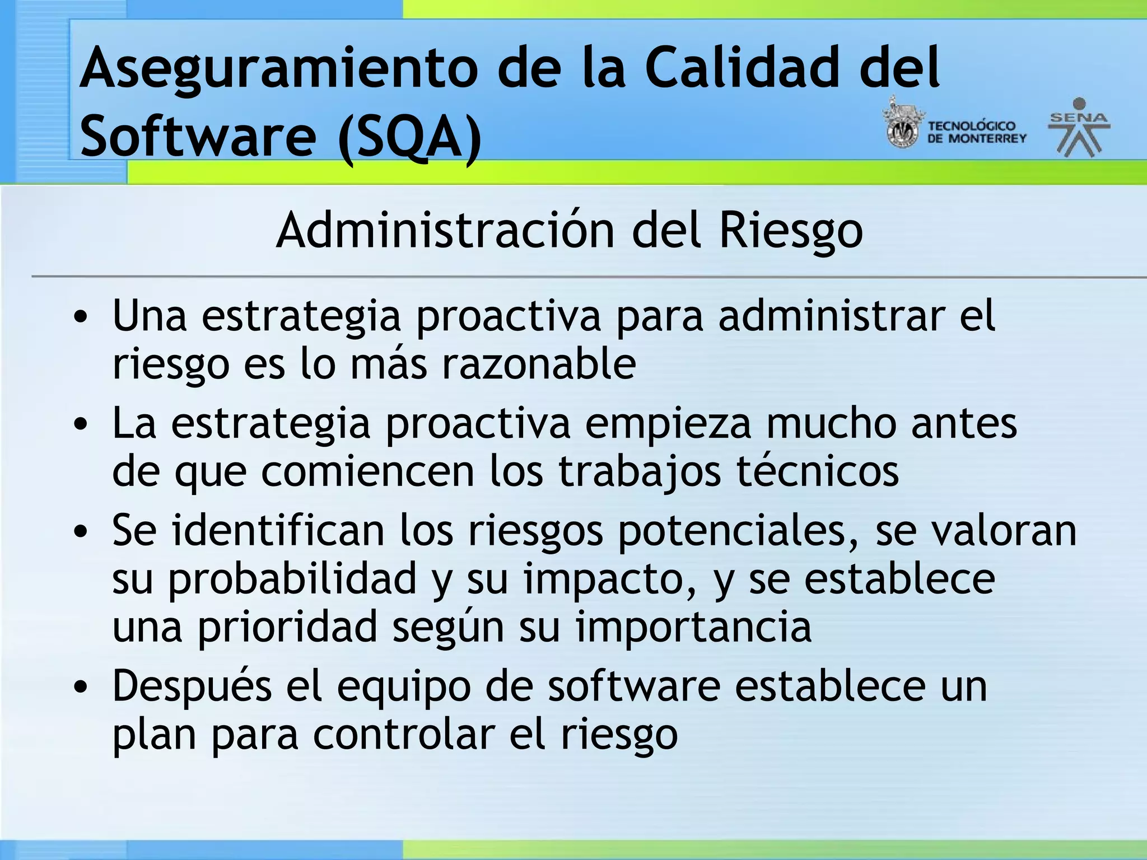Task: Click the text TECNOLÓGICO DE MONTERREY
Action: (x=976, y=132)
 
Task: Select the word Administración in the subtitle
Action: (x=445, y=230)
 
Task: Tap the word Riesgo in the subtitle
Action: (x=790, y=231)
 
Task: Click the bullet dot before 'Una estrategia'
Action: (x=81, y=317)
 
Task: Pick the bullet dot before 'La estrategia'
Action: (x=81, y=424)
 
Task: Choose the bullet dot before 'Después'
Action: (x=81, y=687)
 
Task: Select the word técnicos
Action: (x=817, y=471)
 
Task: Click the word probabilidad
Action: (x=292, y=579)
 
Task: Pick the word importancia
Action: (x=693, y=627)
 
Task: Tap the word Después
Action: (x=192, y=687)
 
